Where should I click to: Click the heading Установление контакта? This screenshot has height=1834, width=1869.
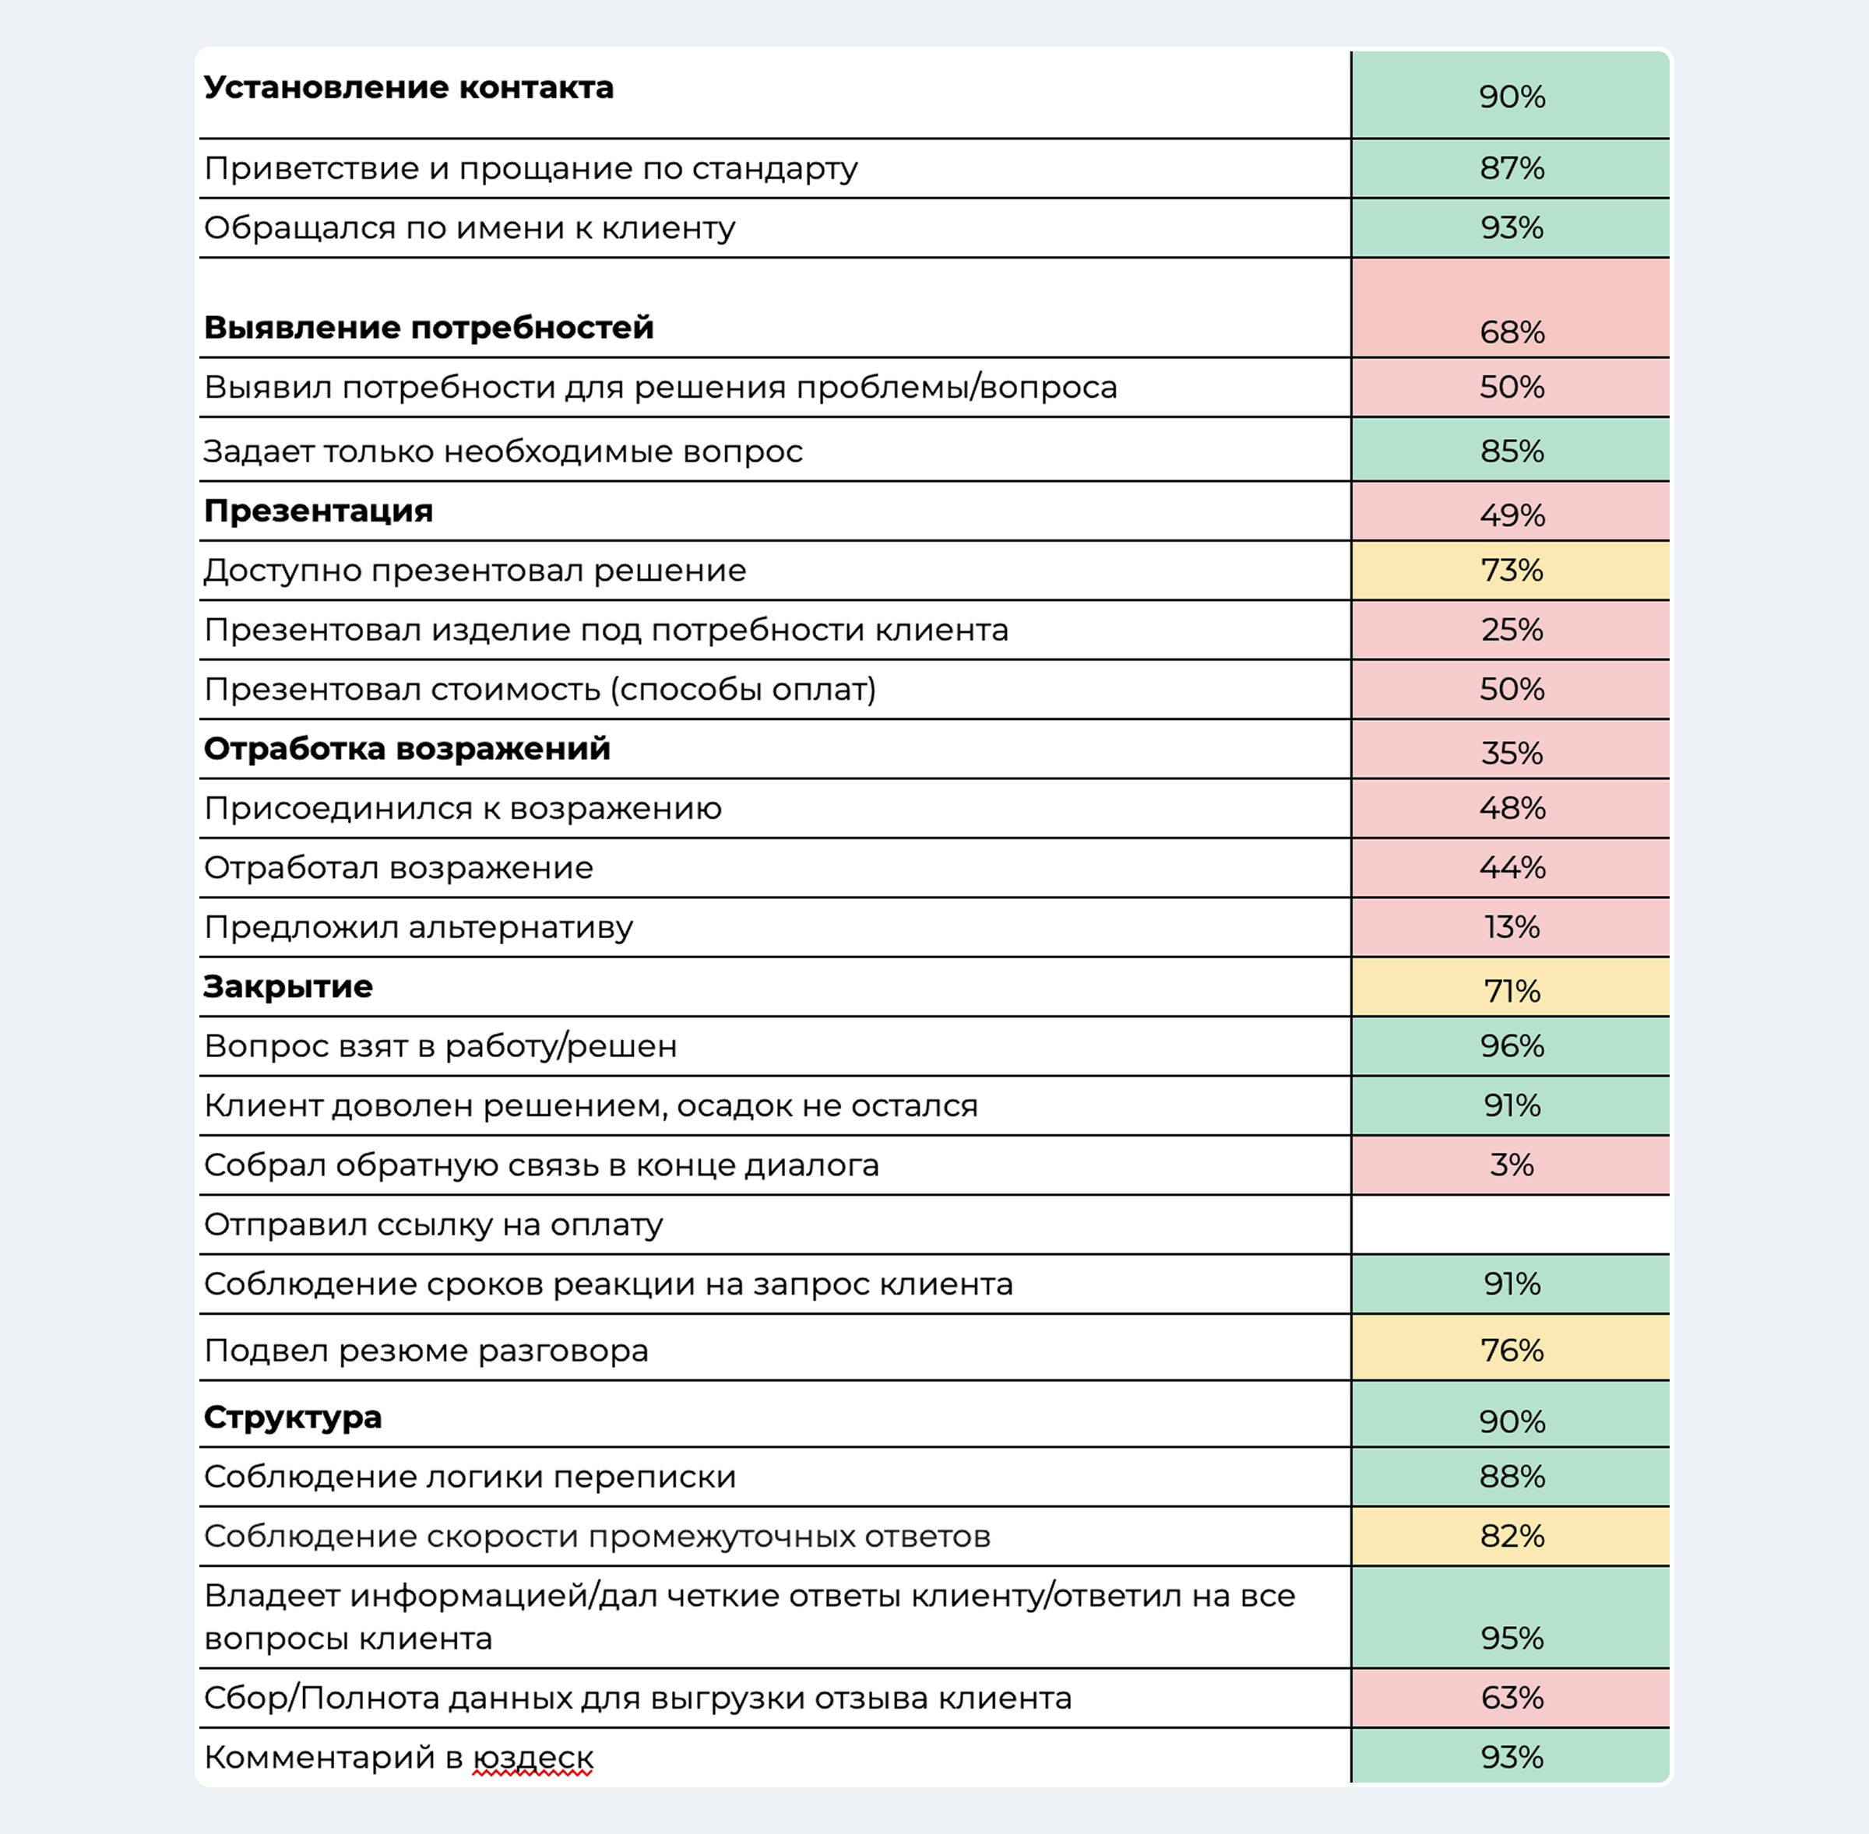click(x=409, y=88)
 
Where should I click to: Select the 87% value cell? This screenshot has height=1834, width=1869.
click(x=1511, y=169)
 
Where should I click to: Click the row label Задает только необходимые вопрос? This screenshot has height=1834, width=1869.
click(x=503, y=451)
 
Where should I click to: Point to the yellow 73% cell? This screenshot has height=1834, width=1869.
click(x=1511, y=571)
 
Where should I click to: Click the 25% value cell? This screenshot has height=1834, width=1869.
click(x=1511, y=630)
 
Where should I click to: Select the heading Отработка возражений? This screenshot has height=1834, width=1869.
click(x=407, y=748)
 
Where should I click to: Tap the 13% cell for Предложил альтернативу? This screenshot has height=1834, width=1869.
click(x=1511, y=926)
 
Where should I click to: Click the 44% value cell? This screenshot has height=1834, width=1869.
click(x=1511, y=867)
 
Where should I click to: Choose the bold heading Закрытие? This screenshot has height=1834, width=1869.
click(x=288, y=986)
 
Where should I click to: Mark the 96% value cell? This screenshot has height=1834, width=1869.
click(x=1511, y=1046)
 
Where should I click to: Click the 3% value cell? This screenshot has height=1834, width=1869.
click(x=1511, y=1165)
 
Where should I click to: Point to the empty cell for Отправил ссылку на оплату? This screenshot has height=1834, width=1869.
click(x=1511, y=1224)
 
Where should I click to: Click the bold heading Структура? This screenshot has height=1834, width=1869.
click(x=293, y=1417)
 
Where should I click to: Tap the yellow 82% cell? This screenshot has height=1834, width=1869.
click(x=1511, y=1535)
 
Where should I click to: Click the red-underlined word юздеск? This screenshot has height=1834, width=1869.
click(x=533, y=1758)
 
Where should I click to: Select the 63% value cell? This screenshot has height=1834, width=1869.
click(x=1511, y=1697)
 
